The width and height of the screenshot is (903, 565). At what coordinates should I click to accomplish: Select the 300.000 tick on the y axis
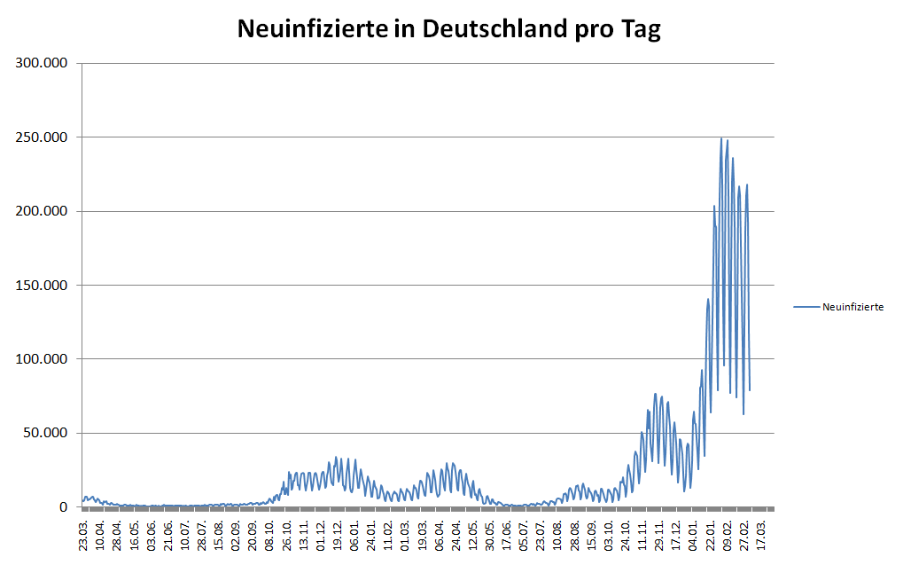pyautogui.click(x=42, y=63)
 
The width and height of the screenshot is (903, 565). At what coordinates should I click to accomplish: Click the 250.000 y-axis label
pyautogui.click(x=42, y=137)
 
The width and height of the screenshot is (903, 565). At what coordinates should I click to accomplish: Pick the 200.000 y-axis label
pyautogui.click(x=42, y=211)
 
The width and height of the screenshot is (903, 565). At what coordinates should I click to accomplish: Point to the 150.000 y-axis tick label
pyautogui.click(x=42, y=286)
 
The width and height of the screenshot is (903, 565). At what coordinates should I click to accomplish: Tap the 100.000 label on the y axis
pyautogui.click(x=42, y=359)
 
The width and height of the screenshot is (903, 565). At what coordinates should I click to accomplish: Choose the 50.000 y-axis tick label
pyautogui.click(x=45, y=434)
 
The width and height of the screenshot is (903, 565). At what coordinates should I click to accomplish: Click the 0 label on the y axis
pyautogui.click(x=64, y=507)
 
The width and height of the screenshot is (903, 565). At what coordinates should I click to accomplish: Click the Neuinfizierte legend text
pyautogui.click(x=852, y=308)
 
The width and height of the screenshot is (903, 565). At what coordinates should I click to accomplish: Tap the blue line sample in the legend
pyautogui.click(x=806, y=308)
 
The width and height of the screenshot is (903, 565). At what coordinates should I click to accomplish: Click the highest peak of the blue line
pyautogui.click(x=721, y=138)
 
